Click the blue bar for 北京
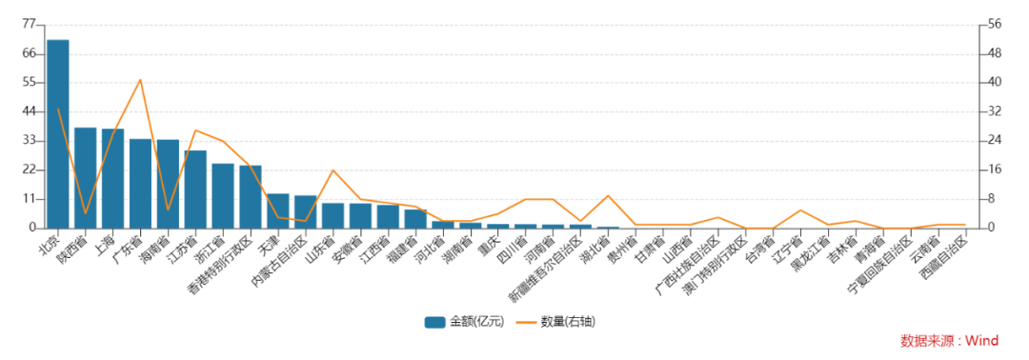click(58, 133)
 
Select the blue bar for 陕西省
click(86, 178)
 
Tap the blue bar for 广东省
click(140, 184)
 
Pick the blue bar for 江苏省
click(195, 190)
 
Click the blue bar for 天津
click(278, 210)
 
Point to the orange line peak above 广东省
click(140, 80)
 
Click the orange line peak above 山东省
click(333, 170)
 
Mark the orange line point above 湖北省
click(609, 196)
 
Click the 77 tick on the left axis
click(28, 24)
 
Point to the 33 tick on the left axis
click(28, 141)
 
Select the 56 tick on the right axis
click(995, 24)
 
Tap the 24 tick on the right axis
click(995, 141)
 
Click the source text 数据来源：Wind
click(949, 341)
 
